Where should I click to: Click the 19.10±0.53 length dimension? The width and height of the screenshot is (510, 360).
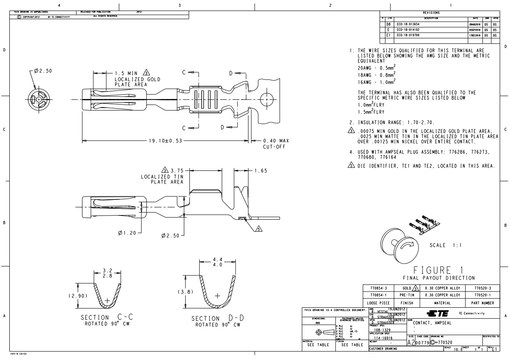(165, 141)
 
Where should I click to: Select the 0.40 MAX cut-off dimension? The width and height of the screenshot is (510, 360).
(276, 141)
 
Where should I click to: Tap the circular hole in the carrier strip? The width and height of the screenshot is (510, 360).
(267, 99)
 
